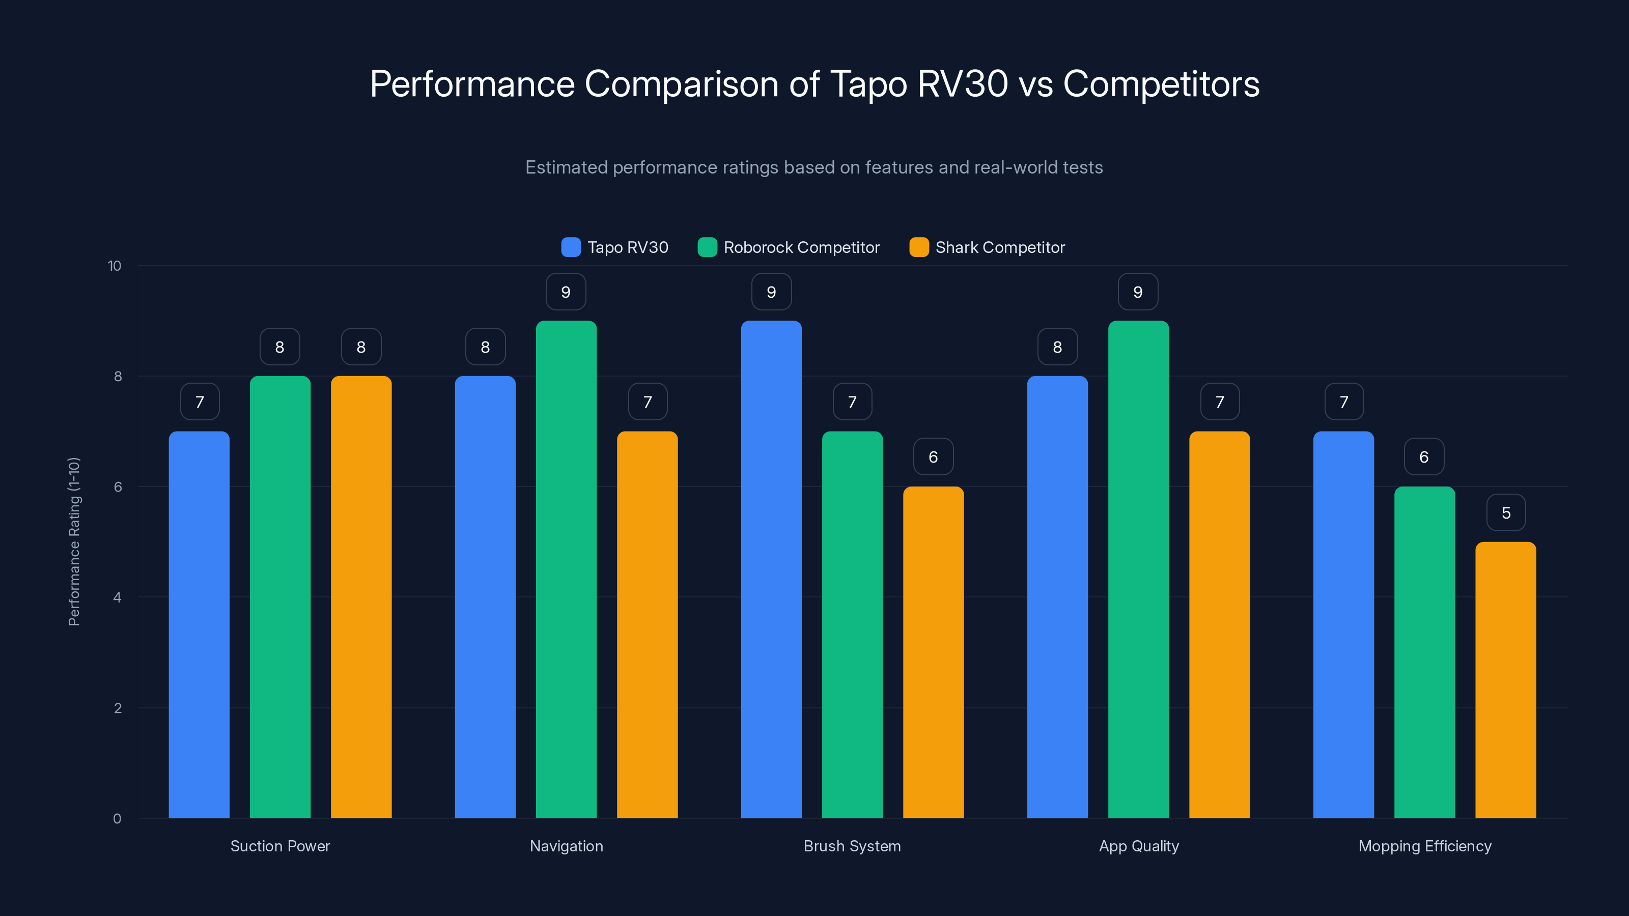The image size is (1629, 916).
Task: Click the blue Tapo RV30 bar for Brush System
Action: (771, 569)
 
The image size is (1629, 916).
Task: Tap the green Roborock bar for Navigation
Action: (566, 569)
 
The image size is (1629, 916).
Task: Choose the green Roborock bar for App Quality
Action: (1138, 569)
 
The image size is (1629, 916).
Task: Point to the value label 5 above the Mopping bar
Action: (1506, 512)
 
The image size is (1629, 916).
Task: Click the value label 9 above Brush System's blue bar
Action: (771, 292)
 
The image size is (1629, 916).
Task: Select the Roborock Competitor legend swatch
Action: (707, 247)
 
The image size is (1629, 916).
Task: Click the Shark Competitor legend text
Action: (1000, 247)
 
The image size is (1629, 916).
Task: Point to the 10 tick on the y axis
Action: (115, 266)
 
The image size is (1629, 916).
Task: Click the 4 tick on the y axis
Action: (117, 597)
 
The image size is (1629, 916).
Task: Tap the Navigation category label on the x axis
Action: (566, 846)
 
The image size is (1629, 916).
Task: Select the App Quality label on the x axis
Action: (1138, 846)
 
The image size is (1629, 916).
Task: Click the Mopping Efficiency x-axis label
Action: (1425, 846)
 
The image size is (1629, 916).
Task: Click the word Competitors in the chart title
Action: (1161, 83)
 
